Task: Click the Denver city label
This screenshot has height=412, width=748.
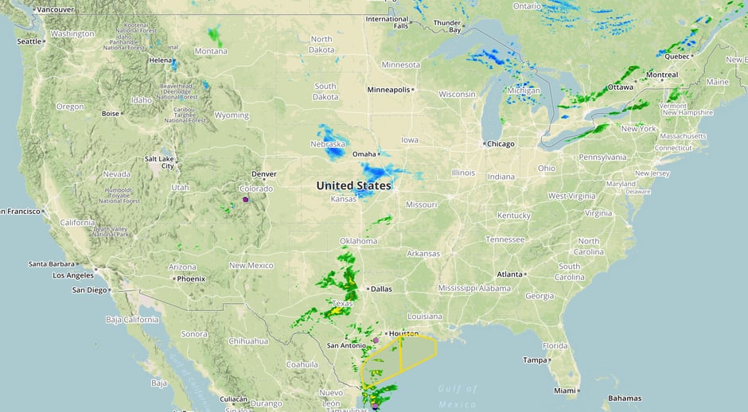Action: click(x=263, y=174)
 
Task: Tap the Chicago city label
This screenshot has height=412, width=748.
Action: click(x=500, y=144)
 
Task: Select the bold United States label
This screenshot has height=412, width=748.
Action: click(x=353, y=186)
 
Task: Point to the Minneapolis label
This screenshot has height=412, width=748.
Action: click(x=388, y=90)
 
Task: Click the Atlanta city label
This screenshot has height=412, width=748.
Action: click(x=510, y=274)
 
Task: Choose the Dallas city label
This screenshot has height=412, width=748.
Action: click(x=381, y=289)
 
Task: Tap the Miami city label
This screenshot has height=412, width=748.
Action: click(x=565, y=391)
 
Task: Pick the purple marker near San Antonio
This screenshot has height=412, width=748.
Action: click(x=376, y=340)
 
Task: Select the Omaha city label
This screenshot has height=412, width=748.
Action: click(x=364, y=154)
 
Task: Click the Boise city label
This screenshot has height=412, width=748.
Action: click(x=110, y=114)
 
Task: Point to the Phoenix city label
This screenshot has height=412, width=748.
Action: click(x=190, y=279)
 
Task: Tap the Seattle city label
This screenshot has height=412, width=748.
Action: click(x=29, y=41)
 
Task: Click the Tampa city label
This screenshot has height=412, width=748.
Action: click(x=535, y=360)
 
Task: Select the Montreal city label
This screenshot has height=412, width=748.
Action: click(x=662, y=75)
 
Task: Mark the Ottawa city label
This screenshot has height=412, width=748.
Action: click(x=620, y=87)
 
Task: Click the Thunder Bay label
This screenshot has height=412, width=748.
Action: click(x=447, y=26)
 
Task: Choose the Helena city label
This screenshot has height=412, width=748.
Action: click(x=160, y=60)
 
